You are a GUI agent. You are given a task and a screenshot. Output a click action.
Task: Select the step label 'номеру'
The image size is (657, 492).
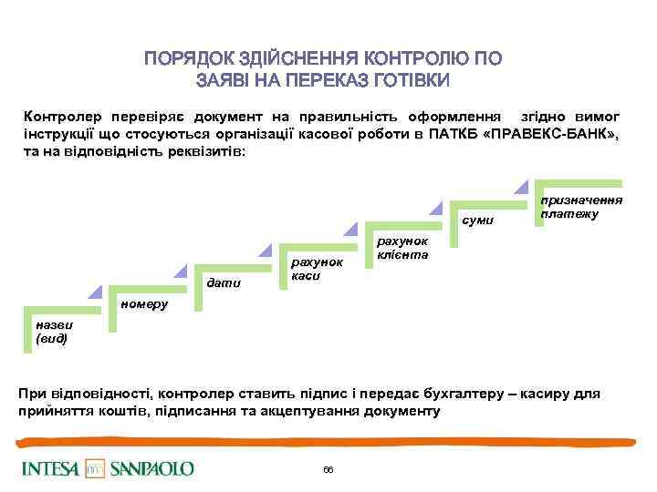[x=144, y=303]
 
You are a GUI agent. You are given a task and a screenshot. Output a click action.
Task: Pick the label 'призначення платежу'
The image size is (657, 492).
[x=580, y=206]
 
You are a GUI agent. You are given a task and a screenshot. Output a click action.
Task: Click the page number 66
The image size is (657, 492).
[x=328, y=469]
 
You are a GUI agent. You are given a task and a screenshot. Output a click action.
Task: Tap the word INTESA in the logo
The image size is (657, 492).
[x=52, y=468]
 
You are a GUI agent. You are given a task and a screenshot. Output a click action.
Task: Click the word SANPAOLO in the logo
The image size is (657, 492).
[x=152, y=468]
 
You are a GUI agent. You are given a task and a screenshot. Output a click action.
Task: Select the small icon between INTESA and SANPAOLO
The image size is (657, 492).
[x=95, y=468]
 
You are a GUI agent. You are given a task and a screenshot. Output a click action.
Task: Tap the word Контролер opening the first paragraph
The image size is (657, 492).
[x=63, y=118]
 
